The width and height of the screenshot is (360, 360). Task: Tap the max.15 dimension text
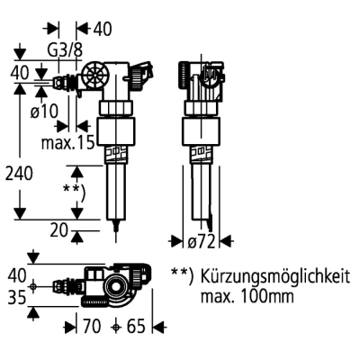click(68, 141)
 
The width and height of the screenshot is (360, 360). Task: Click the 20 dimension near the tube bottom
click(58, 229)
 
